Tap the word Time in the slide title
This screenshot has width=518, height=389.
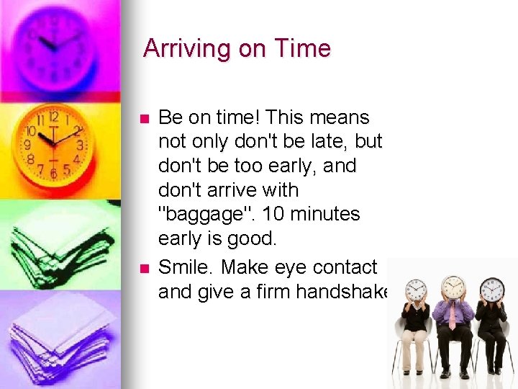pos(302,49)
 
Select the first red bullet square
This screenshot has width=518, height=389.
pos(144,118)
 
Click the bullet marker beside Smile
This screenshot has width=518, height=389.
pos(144,268)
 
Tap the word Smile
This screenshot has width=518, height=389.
pos(184,267)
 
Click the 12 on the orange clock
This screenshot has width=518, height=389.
pos(53,117)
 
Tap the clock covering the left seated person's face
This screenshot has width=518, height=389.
pos(416,290)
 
